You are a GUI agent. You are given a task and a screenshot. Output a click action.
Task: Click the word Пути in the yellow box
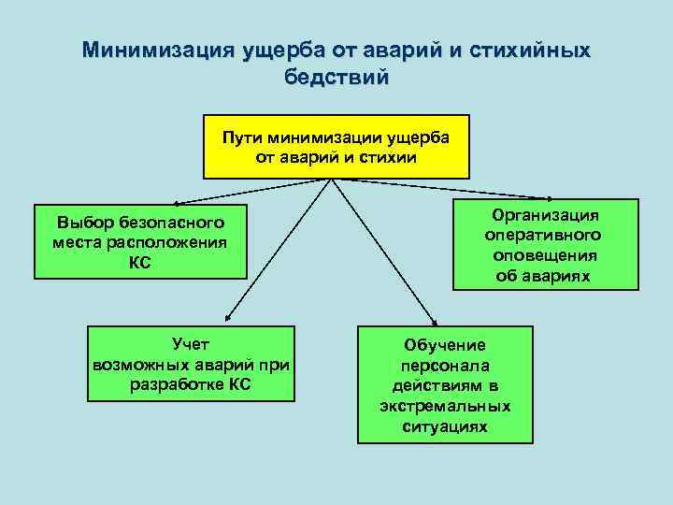point(238,137)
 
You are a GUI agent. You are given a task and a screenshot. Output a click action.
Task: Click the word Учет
point(192,344)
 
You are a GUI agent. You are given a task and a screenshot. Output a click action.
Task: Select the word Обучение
point(445,345)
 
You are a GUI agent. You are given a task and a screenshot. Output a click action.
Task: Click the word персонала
point(445,366)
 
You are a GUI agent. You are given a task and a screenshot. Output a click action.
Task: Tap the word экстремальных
point(445,406)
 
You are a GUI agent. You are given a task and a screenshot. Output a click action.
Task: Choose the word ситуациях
point(445,426)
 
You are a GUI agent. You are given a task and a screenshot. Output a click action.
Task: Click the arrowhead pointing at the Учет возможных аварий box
point(224,321)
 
